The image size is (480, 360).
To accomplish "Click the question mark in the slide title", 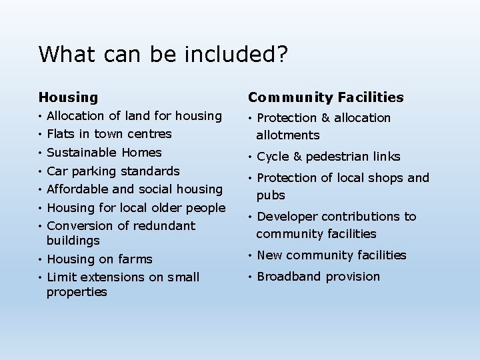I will coord(283,54).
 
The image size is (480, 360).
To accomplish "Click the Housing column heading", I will coord(68,98).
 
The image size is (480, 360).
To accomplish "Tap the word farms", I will coord(135,259).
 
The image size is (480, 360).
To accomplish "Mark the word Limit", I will coord(62,277).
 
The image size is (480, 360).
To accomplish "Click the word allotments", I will coord(288,135).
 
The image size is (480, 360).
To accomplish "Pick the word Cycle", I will coord(272,157).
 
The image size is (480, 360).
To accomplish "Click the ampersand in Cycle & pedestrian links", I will coord(297,157).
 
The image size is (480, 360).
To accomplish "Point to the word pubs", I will coord(271,195).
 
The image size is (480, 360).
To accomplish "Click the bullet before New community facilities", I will coord(249,255).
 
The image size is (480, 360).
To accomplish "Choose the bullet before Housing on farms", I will coord(41,259).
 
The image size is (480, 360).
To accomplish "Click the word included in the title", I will coord(223,54).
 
